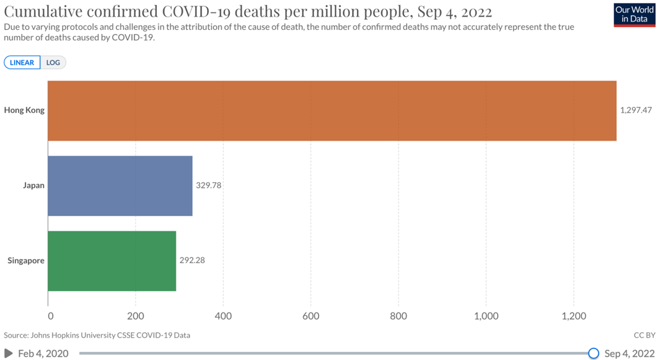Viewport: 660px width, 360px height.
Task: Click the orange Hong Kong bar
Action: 332,111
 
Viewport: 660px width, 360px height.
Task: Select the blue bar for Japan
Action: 120,185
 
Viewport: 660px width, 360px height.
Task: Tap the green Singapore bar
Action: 112,261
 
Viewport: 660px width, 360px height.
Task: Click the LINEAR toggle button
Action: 22,63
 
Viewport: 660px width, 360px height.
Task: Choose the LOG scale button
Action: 53,63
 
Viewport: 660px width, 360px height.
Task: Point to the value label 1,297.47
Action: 636,110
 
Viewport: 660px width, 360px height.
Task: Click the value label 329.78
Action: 208,185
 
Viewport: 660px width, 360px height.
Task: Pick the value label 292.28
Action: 192,260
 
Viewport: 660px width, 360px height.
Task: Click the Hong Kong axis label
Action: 24,110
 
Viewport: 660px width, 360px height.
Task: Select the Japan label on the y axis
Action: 33,185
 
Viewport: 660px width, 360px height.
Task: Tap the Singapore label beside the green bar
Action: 26,260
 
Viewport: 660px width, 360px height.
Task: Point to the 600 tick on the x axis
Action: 311,316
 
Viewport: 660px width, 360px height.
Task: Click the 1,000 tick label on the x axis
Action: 486,316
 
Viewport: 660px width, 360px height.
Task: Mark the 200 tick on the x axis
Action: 136,316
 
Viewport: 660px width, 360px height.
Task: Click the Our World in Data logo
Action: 635,15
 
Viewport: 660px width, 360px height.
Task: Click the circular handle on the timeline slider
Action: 593,353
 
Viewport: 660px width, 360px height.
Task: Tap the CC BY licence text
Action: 645,335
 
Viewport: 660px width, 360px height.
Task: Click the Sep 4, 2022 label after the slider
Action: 629,353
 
